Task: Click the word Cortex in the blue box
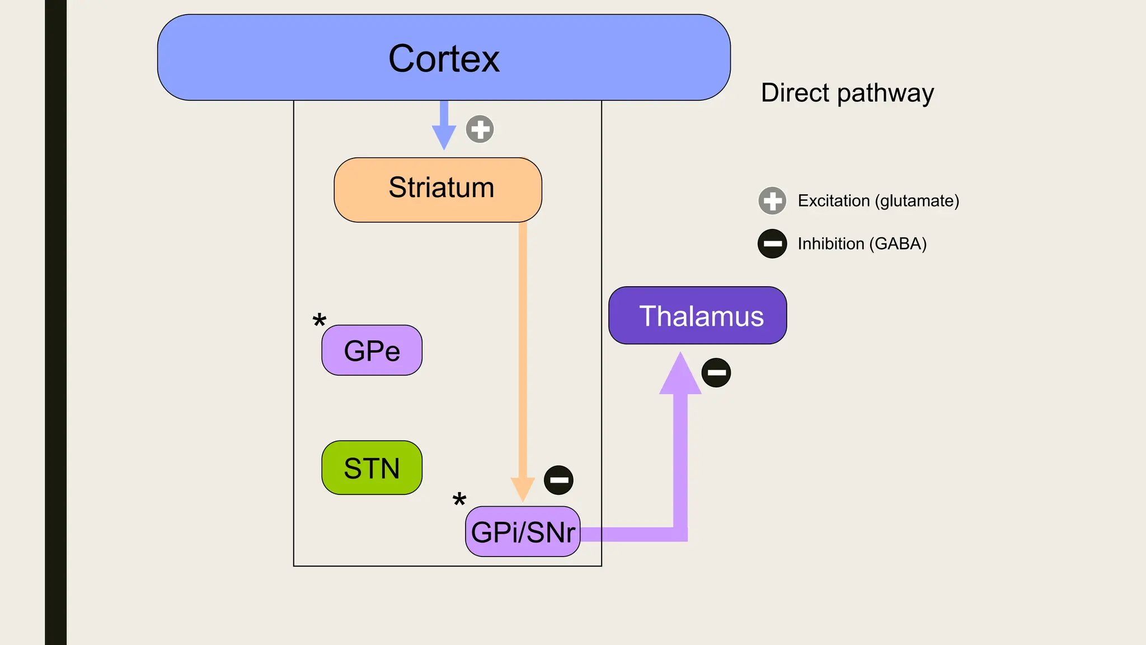click(444, 59)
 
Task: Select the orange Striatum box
click(438, 189)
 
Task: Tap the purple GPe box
click(372, 350)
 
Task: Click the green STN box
click(372, 468)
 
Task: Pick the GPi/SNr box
click(523, 532)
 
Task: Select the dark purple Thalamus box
click(697, 316)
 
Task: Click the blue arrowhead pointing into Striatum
click(444, 137)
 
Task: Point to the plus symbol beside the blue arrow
click(480, 129)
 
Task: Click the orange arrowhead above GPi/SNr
click(523, 488)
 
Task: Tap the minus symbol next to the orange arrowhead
click(558, 480)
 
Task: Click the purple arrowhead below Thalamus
click(680, 376)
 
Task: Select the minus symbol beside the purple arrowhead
click(716, 373)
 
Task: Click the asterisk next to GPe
click(319, 321)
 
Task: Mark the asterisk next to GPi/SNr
click(459, 499)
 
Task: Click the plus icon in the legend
click(772, 200)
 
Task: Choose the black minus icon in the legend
click(772, 244)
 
